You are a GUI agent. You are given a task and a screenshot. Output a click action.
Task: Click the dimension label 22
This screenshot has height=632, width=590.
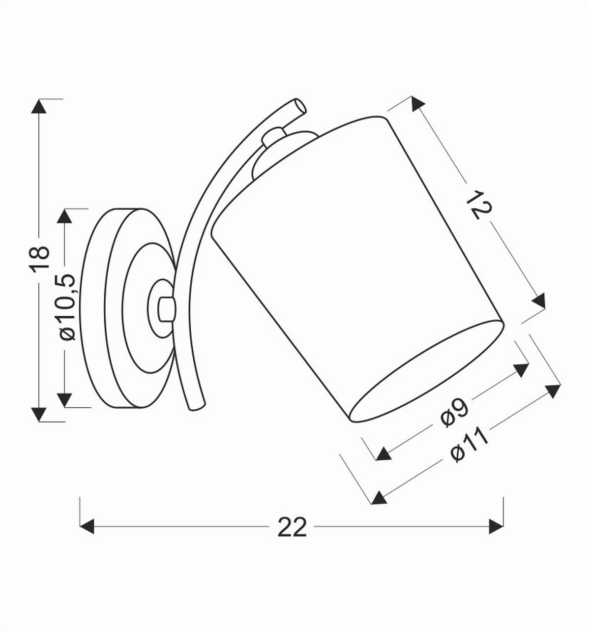coord(292,527)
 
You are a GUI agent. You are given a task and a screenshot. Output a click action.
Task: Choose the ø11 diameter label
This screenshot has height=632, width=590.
coord(469,445)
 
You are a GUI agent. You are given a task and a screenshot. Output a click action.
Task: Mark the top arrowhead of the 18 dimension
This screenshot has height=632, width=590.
coord(39,106)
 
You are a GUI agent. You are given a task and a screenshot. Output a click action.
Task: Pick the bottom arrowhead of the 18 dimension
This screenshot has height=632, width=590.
coord(39,414)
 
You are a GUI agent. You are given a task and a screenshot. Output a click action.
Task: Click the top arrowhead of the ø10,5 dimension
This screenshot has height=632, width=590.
coord(65,216)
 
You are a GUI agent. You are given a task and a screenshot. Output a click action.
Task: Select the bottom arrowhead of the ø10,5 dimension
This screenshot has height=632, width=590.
coord(65,400)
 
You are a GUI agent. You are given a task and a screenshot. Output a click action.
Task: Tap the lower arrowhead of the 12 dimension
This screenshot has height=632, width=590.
coord(539,301)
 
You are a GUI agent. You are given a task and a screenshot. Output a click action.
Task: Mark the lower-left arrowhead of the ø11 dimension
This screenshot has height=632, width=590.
coord(378,498)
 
